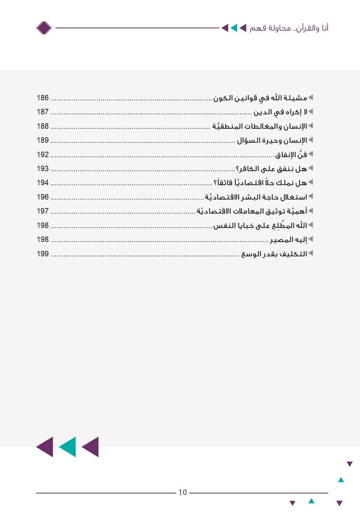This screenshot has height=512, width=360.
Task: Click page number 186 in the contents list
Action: click(x=43, y=98)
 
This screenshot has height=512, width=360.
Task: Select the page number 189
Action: click(x=43, y=140)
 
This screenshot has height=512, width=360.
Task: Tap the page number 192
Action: click(x=43, y=155)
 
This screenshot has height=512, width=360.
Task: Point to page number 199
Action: click(x=43, y=254)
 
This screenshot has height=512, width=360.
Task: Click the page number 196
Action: click(x=43, y=197)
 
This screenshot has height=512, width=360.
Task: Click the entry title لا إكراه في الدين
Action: click(x=280, y=112)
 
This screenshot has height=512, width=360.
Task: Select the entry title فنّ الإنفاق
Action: click(x=291, y=155)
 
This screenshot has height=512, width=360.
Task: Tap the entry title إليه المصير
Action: click(x=288, y=240)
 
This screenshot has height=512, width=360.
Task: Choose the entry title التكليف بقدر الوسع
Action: click(x=274, y=254)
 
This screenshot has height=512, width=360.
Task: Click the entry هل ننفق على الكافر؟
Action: click(x=271, y=169)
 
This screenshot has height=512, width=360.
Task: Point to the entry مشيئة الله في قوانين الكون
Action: click(x=260, y=98)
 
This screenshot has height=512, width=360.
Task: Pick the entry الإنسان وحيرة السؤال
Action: click(x=272, y=141)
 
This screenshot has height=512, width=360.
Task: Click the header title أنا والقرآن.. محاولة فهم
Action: click(x=289, y=28)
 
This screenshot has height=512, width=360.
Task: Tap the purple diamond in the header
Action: click(x=44, y=28)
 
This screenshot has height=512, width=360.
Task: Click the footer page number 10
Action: click(x=183, y=492)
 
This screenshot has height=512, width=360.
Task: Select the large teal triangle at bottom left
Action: click(x=68, y=447)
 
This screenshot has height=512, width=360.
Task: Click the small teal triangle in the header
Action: click(x=234, y=28)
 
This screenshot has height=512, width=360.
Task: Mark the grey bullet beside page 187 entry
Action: click(x=311, y=111)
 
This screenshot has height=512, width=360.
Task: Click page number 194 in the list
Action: click(x=43, y=183)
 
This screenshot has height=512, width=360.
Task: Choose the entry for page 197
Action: click(x=252, y=211)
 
